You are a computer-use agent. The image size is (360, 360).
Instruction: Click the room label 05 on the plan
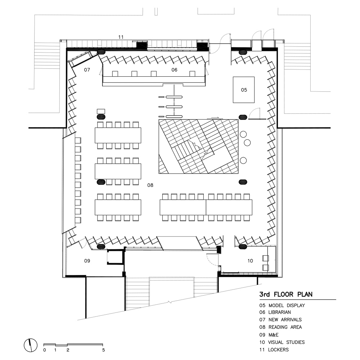point(244,90)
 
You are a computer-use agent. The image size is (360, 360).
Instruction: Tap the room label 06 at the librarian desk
point(174,69)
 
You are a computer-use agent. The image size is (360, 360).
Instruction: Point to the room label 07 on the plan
point(87,69)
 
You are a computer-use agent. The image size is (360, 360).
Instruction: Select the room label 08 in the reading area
point(150,185)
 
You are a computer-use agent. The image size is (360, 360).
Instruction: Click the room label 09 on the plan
point(87,261)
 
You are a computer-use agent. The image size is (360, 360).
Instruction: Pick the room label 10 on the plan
point(250,261)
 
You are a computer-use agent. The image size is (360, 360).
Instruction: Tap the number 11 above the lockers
point(121,37)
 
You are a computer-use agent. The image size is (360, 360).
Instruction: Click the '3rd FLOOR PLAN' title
point(286,294)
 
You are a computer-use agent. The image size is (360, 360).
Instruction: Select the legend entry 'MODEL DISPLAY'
point(287,305)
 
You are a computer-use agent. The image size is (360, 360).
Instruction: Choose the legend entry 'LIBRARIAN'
point(279,312)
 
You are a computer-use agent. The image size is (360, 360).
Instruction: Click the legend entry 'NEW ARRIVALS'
point(285,320)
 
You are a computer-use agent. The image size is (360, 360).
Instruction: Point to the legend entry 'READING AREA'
point(285,327)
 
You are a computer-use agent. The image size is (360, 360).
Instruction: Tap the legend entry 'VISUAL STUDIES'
point(286,342)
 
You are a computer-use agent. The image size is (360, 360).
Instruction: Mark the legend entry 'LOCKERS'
point(278,350)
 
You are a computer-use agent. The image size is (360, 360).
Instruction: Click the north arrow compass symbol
point(31,345)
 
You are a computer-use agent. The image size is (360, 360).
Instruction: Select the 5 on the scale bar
point(104,350)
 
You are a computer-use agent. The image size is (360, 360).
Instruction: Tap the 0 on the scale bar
point(45,350)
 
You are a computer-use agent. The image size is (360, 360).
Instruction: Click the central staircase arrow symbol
point(196,145)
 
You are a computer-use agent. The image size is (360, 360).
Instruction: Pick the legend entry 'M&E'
point(273,335)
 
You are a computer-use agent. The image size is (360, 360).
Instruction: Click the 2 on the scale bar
point(68,350)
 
